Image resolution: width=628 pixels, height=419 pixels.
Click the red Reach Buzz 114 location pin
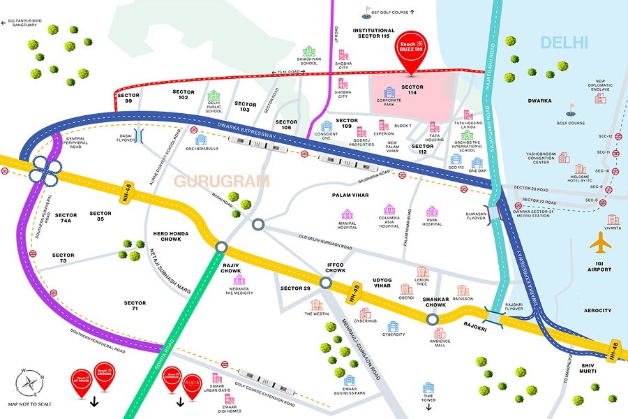tap(410, 49)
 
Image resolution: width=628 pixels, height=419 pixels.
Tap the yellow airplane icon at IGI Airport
tap(601, 243)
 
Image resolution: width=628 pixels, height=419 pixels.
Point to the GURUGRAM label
tap(221, 182)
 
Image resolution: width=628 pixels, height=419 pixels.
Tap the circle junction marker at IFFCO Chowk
tap(325, 282)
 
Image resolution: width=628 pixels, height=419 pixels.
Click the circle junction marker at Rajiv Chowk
tap(222, 246)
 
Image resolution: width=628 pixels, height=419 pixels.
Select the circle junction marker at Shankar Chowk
tap(433, 318)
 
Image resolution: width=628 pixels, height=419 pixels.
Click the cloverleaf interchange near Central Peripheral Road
tap(43, 170)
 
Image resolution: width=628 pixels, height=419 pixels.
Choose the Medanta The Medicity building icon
tap(239, 281)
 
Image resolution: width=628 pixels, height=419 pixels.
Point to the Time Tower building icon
tap(428, 387)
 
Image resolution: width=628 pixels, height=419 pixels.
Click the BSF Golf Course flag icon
tap(368, 11)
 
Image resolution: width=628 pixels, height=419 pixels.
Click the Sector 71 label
tap(135, 307)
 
